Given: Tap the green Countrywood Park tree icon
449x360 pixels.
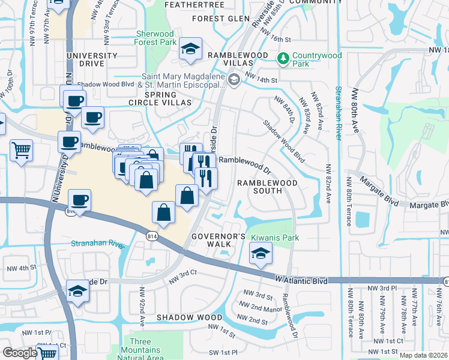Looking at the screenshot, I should (x=283, y=58).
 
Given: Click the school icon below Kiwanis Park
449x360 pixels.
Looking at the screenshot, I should (x=261, y=254).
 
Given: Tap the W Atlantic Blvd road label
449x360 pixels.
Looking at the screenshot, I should (x=302, y=280).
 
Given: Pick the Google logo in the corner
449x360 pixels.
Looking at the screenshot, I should (x=19, y=353).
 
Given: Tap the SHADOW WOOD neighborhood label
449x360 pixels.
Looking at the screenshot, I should (x=181, y=316).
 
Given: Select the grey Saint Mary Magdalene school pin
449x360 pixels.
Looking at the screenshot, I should (x=234, y=79).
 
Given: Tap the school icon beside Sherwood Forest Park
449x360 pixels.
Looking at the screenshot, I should (x=191, y=49).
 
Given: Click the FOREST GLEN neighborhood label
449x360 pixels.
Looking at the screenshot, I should (x=220, y=19).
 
